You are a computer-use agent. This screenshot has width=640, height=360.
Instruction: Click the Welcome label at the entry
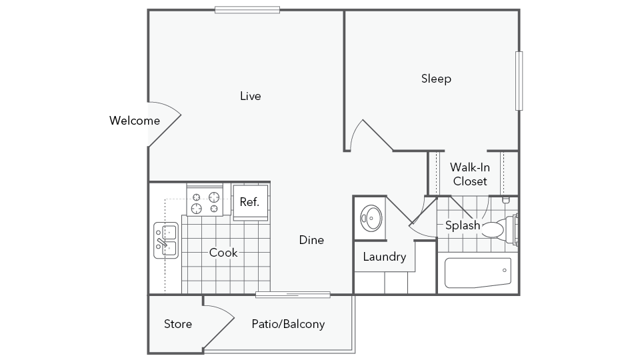click(x=134, y=121)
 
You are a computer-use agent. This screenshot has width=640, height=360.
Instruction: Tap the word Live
click(x=250, y=96)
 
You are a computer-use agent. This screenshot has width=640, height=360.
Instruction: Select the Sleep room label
click(x=436, y=78)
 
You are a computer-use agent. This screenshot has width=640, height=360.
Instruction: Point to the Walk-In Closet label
click(x=470, y=174)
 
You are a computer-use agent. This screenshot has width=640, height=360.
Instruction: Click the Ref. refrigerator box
click(x=250, y=202)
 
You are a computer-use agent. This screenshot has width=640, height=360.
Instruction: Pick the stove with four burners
click(x=205, y=200)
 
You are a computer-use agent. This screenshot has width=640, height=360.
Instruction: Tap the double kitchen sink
click(x=166, y=240)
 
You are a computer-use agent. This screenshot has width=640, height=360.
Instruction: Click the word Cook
click(x=223, y=253)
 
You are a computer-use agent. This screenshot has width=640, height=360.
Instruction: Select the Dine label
click(x=311, y=240)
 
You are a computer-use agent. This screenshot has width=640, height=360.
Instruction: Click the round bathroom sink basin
click(x=371, y=218)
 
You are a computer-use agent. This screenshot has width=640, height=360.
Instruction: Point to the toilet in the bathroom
click(x=500, y=229)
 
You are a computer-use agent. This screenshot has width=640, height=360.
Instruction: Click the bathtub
click(x=478, y=273)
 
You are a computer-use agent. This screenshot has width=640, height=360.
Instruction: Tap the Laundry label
click(x=384, y=257)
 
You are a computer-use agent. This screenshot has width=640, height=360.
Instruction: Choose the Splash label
click(x=462, y=225)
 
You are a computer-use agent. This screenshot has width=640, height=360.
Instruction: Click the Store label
click(x=178, y=324)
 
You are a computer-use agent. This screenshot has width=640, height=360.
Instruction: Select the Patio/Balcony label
click(x=288, y=324)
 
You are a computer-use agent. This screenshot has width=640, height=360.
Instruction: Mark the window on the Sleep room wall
click(x=519, y=81)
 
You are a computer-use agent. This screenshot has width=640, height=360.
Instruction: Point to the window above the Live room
click(x=247, y=10)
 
